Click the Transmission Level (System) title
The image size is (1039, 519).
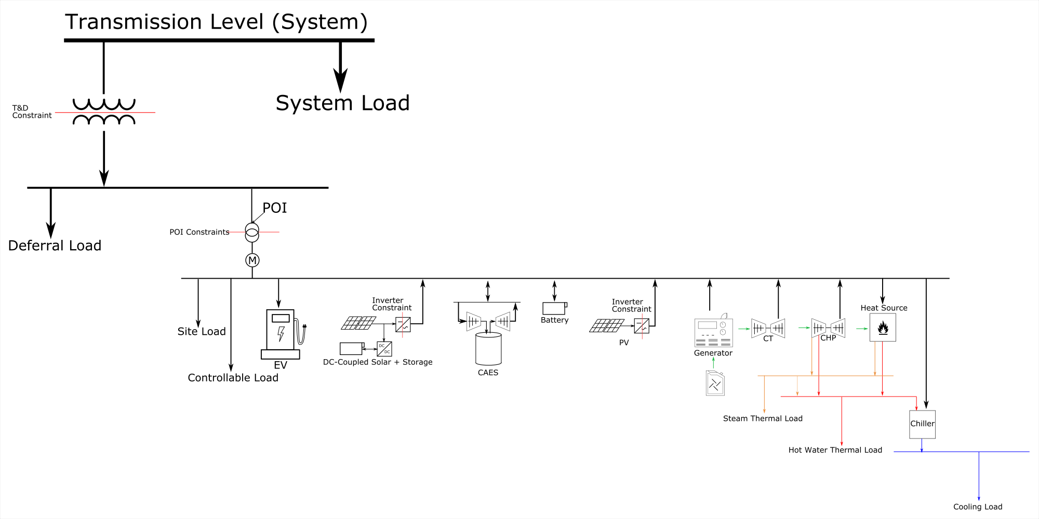(x=216, y=22)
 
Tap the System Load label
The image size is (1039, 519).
(x=342, y=103)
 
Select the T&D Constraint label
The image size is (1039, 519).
(x=32, y=112)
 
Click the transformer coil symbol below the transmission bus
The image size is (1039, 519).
(x=104, y=112)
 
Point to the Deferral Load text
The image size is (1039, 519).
(x=55, y=246)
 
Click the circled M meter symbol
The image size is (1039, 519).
(x=252, y=261)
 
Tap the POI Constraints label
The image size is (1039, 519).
(x=199, y=232)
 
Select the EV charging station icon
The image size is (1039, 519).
(x=282, y=334)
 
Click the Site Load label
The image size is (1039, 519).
(x=202, y=332)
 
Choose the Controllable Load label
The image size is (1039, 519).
(x=233, y=378)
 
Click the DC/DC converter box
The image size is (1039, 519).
(x=384, y=349)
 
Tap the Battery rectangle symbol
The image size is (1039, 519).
(x=554, y=308)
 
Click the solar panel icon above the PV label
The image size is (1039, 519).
(x=606, y=326)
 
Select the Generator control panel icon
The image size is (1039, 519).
(x=713, y=333)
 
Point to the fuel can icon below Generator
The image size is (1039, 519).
(x=715, y=384)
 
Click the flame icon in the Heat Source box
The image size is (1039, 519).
(x=883, y=328)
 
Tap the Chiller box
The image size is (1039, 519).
(x=922, y=424)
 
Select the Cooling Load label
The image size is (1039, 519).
(x=978, y=507)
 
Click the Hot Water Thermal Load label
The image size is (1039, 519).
(x=835, y=450)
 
